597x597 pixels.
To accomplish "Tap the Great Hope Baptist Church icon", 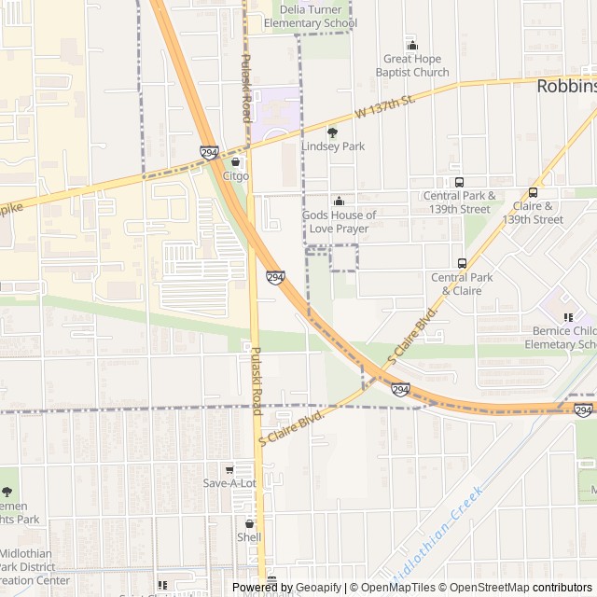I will [412, 46].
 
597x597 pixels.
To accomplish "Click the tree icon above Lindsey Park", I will [332, 132].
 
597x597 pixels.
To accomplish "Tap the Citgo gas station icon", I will [236, 161].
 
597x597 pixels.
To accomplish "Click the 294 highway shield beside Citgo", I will [209, 152].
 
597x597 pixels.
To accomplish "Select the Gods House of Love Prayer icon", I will [339, 201].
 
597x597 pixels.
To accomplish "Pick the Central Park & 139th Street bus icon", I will [458, 182].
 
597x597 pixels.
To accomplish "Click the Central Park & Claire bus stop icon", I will [462, 263].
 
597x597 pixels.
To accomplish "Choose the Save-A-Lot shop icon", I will [229, 469].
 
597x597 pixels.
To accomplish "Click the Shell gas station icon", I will [249, 523].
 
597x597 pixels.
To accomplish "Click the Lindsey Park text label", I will [333, 146].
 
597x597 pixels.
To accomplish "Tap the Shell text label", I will [249, 537].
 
